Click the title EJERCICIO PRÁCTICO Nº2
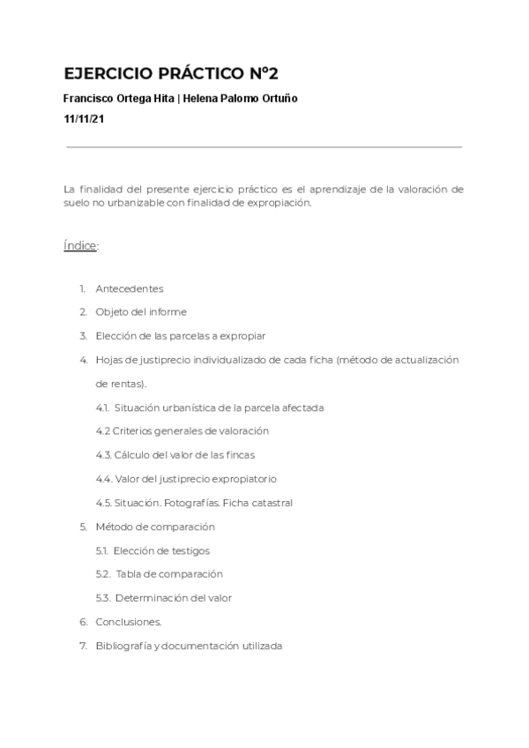[x=171, y=73]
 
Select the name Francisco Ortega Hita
[x=119, y=99]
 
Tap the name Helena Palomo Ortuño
[x=241, y=99]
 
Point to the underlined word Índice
[x=80, y=245]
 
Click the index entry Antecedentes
[x=130, y=288]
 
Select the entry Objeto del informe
[x=141, y=311]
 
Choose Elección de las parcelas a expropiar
[x=181, y=335]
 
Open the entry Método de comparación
[x=155, y=527]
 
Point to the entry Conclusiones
[x=129, y=622]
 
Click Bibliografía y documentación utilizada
[x=189, y=646]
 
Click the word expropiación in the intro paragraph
[x=281, y=202]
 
